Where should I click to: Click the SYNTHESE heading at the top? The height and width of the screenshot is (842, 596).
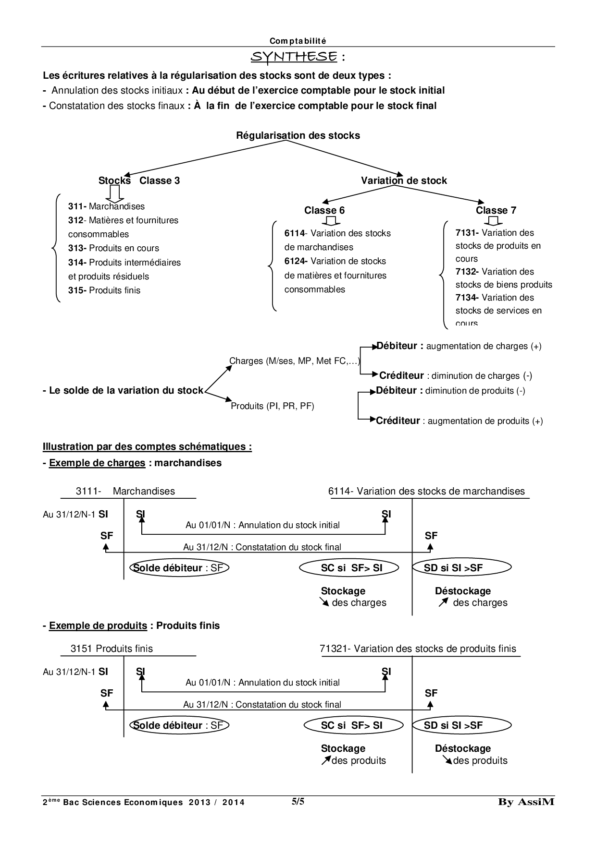tap(294, 57)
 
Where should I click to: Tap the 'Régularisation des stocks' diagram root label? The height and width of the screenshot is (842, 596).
tap(298, 135)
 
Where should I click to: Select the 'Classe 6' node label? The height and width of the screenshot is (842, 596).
tap(324, 210)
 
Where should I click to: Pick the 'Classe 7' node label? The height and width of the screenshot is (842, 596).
tap(496, 210)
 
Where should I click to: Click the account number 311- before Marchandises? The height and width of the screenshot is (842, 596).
tap(77, 206)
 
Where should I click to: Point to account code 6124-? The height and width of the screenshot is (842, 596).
tap(296, 261)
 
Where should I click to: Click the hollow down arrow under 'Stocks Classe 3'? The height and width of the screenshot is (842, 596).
tap(115, 193)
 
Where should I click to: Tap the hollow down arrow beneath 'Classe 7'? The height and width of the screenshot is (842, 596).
tap(494, 220)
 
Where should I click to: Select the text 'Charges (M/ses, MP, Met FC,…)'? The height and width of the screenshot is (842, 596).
tap(295, 361)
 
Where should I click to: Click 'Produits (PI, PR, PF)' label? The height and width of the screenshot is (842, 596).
tap(273, 406)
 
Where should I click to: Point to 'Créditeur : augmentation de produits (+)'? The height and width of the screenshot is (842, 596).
tap(459, 421)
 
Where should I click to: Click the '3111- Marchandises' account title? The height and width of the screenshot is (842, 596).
tap(125, 491)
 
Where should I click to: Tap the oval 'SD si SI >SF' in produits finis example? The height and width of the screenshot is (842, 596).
tap(453, 725)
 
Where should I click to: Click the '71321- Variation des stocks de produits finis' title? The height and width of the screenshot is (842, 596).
tap(418, 649)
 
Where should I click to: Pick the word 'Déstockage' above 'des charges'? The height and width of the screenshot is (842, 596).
tap(463, 591)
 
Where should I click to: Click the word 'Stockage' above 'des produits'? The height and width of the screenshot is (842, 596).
tap(343, 748)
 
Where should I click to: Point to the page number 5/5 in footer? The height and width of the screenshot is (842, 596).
tap(298, 801)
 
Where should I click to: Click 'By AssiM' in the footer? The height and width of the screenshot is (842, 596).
tap(526, 802)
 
